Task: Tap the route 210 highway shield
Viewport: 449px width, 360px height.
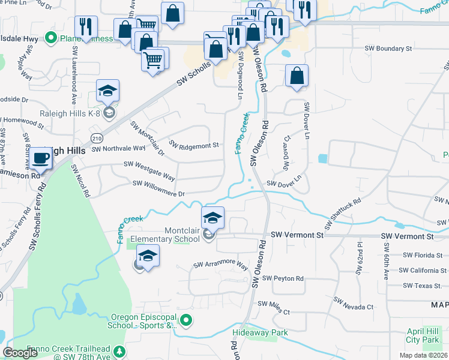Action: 97,139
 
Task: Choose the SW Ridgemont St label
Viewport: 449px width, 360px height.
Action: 194,145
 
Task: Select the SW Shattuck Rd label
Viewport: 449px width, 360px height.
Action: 343,214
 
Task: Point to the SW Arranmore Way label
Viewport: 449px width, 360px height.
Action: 220,265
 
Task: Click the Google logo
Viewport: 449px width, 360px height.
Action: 20,353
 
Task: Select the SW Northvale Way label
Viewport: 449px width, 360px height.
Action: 118,148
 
